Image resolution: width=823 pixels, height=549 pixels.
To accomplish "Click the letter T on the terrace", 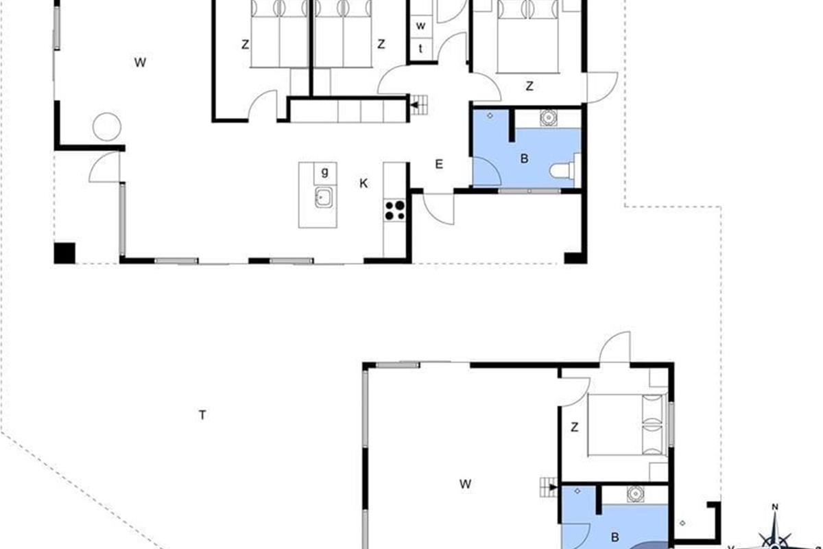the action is click(x=202, y=415).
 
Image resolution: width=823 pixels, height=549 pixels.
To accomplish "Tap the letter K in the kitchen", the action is click(x=363, y=183).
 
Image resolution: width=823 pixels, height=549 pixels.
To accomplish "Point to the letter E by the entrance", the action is click(x=439, y=164).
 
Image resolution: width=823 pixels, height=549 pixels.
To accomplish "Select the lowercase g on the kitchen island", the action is click(x=325, y=172).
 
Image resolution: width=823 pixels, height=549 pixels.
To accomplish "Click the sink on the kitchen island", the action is click(x=324, y=198).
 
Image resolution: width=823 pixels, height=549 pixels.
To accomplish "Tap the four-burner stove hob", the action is click(x=394, y=210).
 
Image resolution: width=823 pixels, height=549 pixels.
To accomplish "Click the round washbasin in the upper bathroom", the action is click(x=548, y=117).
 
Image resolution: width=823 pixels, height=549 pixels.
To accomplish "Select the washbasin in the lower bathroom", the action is click(x=635, y=494).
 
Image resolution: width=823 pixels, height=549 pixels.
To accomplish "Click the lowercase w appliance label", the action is click(x=420, y=26).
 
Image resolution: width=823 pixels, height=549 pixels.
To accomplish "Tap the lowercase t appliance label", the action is click(x=420, y=48).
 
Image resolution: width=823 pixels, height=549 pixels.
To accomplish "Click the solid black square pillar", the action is click(x=64, y=253).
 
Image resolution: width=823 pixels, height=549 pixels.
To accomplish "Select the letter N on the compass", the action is click(x=775, y=507).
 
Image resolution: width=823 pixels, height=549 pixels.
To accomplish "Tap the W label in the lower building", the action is click(x=465, y=484).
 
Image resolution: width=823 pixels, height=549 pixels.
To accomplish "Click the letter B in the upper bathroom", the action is click(x=524, y=159).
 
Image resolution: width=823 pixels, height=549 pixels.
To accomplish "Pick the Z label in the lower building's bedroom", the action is click(x=575, y=427).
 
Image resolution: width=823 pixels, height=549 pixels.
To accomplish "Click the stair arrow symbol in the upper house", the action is click(x=415, y=105).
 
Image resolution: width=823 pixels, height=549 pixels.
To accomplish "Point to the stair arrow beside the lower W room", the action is click(x=553, y=487).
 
